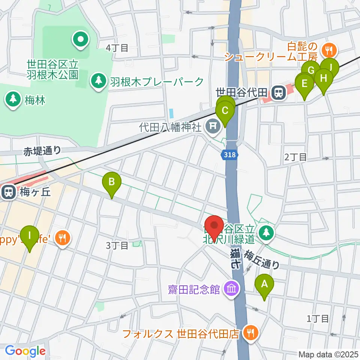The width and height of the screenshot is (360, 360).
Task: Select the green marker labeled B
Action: coord(112,183)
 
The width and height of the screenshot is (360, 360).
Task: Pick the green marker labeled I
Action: coord(30,236)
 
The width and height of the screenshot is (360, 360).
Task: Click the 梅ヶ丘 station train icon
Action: coord(7,192)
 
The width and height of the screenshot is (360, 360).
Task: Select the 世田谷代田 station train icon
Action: coord(278,92)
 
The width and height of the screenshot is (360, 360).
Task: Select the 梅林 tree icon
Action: coord(13,100)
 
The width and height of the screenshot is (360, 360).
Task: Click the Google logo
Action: coord(25,351)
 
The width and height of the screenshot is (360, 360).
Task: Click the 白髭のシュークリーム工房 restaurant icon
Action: coord(329,49)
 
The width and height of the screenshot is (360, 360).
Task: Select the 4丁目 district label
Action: coord(117,48)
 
